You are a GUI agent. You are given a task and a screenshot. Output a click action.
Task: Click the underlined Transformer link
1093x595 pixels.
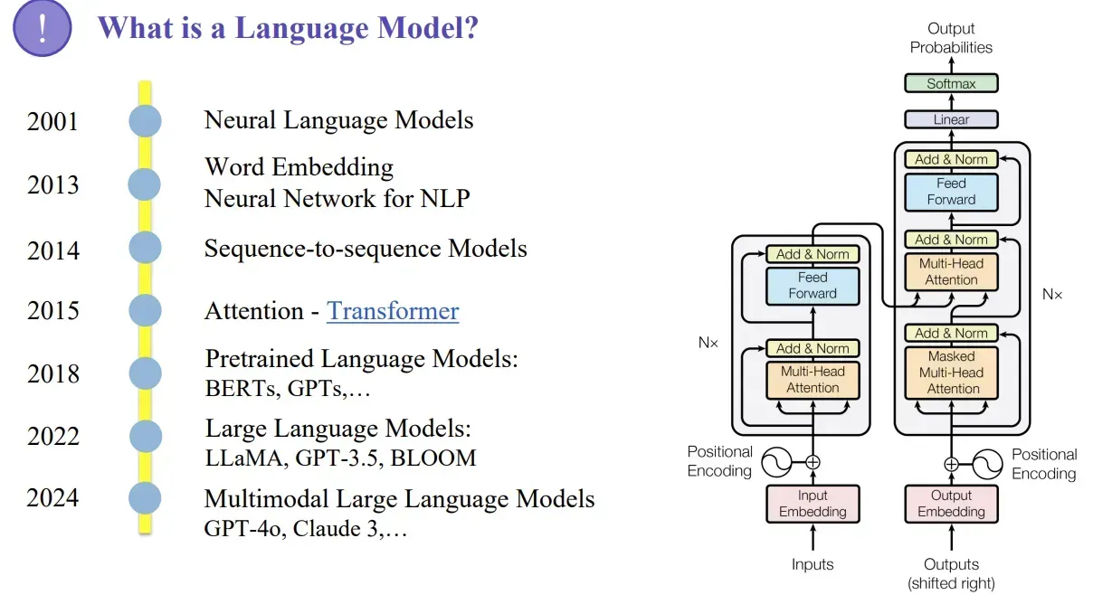click(x=393, y=311)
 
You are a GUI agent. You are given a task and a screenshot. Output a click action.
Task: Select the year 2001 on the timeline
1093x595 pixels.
click(x=52, y=121)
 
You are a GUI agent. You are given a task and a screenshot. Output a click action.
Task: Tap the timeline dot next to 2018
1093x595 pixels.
click(x=145, y=373)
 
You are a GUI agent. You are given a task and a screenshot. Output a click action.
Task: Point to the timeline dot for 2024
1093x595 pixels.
click(x=145, y=498)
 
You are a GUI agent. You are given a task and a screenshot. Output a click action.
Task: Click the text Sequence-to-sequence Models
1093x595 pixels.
click(x=366, y=248)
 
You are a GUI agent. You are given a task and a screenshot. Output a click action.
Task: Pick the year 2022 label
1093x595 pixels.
click(x=52, y=437)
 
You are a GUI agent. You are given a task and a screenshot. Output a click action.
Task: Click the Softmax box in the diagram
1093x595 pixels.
click(x=951, y=83)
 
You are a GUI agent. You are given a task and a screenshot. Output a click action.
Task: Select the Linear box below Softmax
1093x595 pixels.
click(x=951, y=119)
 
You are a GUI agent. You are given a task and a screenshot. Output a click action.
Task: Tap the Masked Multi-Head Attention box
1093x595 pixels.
click(x=951, y=372)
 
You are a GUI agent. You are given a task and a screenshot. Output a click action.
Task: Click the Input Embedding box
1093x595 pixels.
click(x=813, y=504)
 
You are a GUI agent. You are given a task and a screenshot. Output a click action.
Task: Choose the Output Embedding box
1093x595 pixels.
click(x=951, y=504)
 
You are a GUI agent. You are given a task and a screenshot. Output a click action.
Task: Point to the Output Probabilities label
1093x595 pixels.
click(x=951, y=38)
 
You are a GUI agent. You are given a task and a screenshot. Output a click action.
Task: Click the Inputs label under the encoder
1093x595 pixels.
click(x=813, y=564)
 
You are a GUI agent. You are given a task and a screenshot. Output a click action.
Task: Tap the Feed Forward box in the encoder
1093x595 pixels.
click(x=813, y=286)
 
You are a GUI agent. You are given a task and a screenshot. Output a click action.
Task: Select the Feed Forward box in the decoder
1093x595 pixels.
click(x=951, y=192)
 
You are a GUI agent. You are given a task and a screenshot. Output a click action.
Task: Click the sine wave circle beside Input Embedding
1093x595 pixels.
click(x=775, y=463)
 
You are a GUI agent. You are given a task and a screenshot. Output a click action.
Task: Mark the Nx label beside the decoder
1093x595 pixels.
click(x=1052, y=295)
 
